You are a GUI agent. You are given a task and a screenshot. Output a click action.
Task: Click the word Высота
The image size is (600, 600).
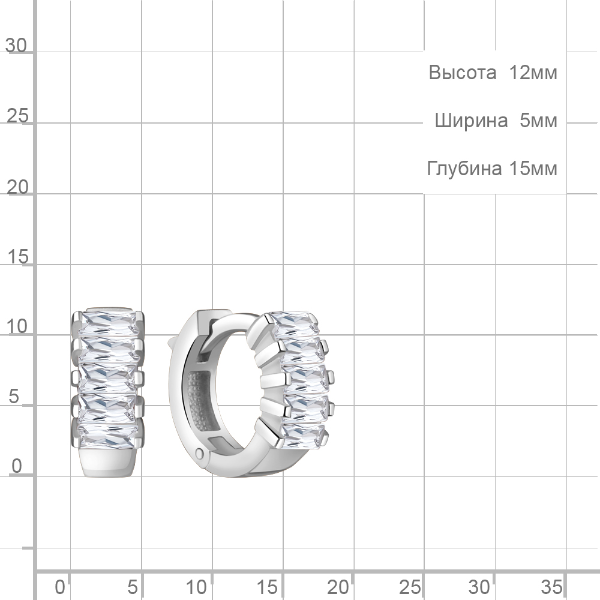pyautogui.click(x=462, y=73)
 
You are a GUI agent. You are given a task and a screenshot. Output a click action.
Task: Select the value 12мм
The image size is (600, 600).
pyautogui.click(x=533, y=73)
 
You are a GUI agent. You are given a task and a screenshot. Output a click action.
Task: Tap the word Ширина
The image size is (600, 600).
pyautogui.click(x=471, y=121)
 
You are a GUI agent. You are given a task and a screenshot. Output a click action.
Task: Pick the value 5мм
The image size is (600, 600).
pyautogui.click(x=538, y=121)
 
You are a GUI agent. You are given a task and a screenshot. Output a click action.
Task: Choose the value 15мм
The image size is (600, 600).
pyautogui.click(x=533, y=169)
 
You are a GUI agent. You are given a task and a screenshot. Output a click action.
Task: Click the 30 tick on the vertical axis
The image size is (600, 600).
pyautogui.click(x=16, y=46)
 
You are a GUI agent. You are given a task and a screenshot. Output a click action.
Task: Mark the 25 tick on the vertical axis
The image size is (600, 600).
pyautogui.click(x=17, y=116)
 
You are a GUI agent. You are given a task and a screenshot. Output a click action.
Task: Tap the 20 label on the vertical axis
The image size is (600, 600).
pyautogui.click(x=17, y=187)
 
